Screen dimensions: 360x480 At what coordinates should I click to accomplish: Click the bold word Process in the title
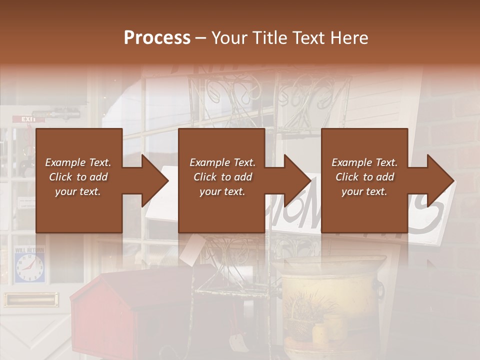click(157, 38)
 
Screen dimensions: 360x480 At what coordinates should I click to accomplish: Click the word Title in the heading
click(268, 38)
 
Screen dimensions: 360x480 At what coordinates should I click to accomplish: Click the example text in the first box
click(78, 177)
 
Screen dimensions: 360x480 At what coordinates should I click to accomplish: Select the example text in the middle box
click(222, 177)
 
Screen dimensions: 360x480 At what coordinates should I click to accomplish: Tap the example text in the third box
click(364, 177)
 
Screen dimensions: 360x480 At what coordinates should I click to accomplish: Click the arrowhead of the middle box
click(297, 180)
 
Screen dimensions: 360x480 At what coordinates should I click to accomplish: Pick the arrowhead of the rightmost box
click(440, 180)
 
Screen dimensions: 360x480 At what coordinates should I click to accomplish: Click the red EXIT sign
click(28, 119)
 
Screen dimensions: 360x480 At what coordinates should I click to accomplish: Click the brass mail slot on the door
click(30, 299)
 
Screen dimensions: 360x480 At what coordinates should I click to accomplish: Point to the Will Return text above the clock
click(29, 250)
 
